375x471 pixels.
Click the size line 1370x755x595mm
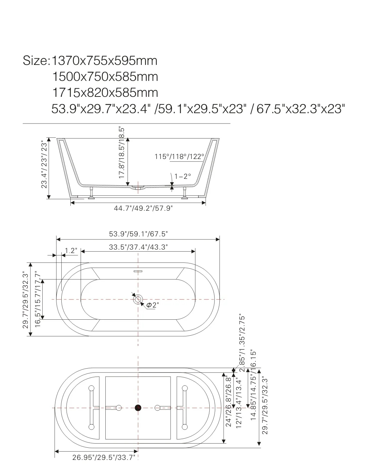coord(104,61)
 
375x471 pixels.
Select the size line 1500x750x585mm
coord(105,77)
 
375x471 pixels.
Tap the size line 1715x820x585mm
coord(105,93)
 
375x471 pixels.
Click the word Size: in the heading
coord(36,61)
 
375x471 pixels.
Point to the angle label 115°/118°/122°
coord(179,157)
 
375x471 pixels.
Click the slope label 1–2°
coord(183,176)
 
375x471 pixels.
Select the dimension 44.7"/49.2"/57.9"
coord(143,208)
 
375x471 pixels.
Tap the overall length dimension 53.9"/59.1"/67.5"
coord(138,234)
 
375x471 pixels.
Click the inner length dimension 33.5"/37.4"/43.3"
coord(138,247)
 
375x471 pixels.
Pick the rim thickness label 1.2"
coord(71,251)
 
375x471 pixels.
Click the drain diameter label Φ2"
coord(152,305)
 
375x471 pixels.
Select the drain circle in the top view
coord(138,299)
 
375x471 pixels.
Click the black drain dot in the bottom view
coord(138,408)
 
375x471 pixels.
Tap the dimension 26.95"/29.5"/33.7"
coord(103,457)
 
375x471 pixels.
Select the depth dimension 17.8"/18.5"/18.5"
coord(122,153)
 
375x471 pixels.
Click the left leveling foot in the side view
coord(92,194)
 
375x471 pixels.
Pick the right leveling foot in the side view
coord(185,194)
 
